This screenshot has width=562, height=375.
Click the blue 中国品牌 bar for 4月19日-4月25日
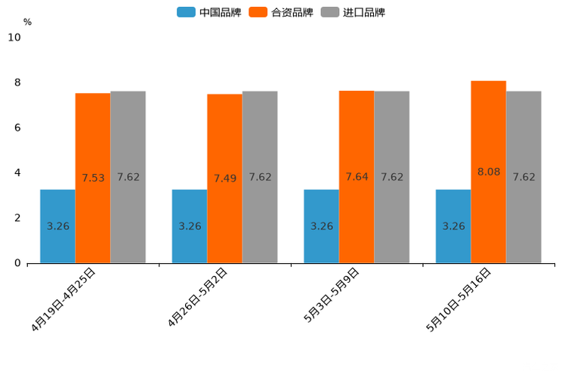point(57,226)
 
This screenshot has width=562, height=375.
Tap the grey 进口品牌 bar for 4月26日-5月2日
point(260,177)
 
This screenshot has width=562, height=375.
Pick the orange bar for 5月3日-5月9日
point(357,177)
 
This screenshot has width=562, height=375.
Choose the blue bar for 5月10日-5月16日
point(453,226)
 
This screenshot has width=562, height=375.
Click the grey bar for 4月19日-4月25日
point(128,177)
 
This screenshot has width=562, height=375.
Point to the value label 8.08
point(489,172)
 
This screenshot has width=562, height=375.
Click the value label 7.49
point(225,178)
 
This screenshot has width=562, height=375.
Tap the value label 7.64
point(357,177)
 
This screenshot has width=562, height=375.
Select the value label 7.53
point(93,178)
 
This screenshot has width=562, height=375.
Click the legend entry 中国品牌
point(210,12)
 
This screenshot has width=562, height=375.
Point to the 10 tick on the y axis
point(14,37)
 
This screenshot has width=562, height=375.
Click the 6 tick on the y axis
point(17,128)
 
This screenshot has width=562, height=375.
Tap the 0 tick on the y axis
point(17,263)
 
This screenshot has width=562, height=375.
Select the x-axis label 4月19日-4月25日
point(63,299)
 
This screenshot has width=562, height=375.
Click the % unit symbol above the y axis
point(27,22)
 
